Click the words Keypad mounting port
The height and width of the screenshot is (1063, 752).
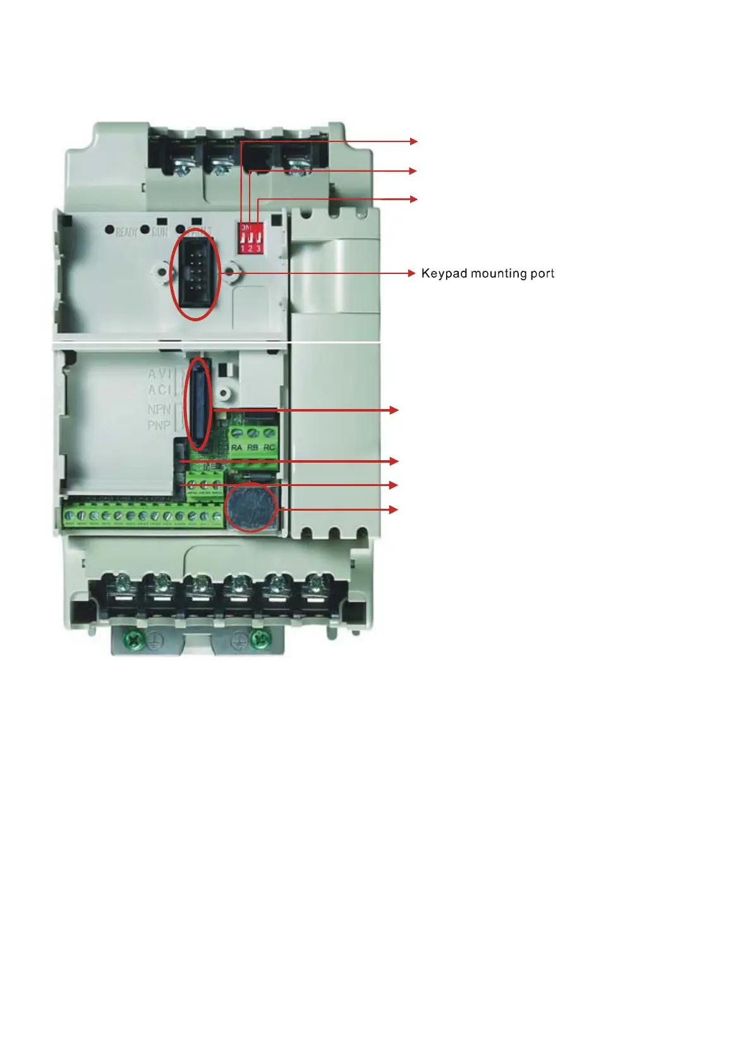point(487,273)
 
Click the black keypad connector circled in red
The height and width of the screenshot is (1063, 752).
point(197,274)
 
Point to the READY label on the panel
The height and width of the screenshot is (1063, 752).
point(126,232)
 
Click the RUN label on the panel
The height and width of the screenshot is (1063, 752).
point(160,232)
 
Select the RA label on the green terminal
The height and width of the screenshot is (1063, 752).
point(237,448)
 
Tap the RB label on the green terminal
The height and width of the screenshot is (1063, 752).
point(253,448)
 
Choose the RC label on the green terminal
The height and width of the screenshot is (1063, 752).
point(269,448)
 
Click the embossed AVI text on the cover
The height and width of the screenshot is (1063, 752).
point(159,374)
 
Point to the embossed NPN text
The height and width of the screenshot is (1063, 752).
point(159,410)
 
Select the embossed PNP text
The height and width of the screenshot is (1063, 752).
point(159,425)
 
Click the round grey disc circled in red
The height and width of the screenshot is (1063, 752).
point(252,508)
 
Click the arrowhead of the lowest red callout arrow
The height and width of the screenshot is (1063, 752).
point(394,509)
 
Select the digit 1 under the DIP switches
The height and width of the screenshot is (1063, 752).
point(243,248)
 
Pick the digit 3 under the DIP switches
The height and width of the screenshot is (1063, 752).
point(258,248)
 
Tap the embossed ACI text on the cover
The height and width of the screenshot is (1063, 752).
point(159,390)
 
